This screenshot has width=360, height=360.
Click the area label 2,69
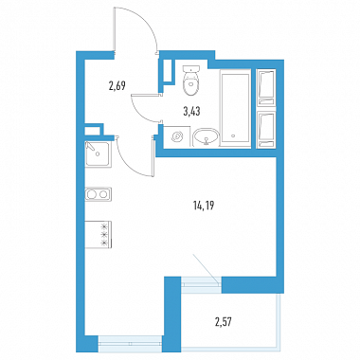point(117,85)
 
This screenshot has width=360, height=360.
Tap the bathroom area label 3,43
point(191,111)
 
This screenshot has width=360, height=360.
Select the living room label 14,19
point(204,207)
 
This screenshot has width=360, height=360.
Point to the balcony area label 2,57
point(225,322)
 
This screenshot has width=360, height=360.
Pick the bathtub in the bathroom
point(235,109)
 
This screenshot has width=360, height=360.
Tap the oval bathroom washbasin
point(206,136)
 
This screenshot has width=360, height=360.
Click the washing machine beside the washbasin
point(176,136)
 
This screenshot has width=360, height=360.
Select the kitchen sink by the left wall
point(98,154)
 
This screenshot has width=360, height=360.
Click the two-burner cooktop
point(98,194)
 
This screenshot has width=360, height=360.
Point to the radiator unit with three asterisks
point(99,234)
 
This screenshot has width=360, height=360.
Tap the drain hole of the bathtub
point(233,136)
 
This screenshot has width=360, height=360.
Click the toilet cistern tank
point(191,69)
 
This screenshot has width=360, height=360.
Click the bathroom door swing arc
point(139,113)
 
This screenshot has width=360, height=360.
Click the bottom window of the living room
point(130,344)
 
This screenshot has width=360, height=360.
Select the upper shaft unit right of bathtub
point(266,87)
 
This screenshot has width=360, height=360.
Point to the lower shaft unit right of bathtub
point(266,130)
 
